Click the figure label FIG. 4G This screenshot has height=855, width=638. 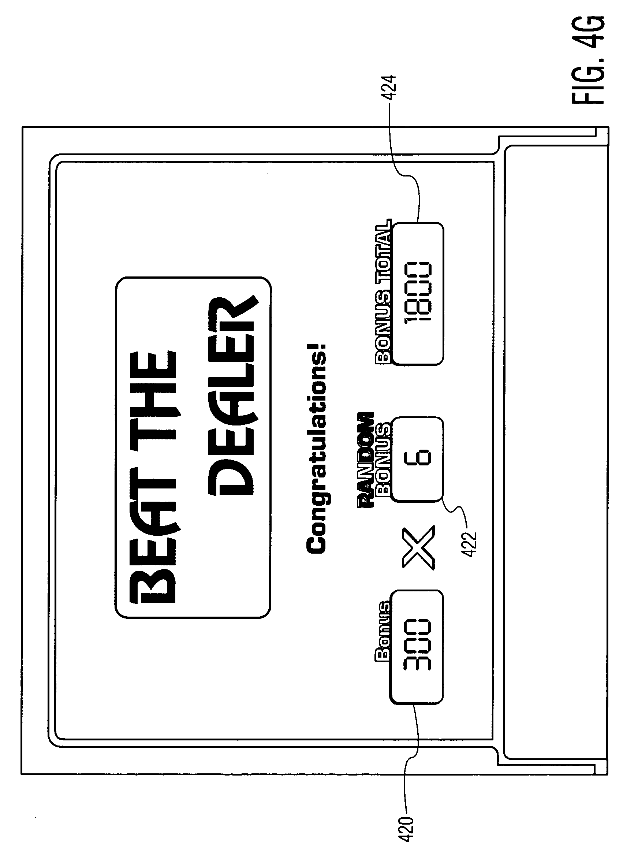pos(587,60)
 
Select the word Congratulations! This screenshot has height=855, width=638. pos(316,448)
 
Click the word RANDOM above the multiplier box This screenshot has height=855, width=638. pos(365,460)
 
